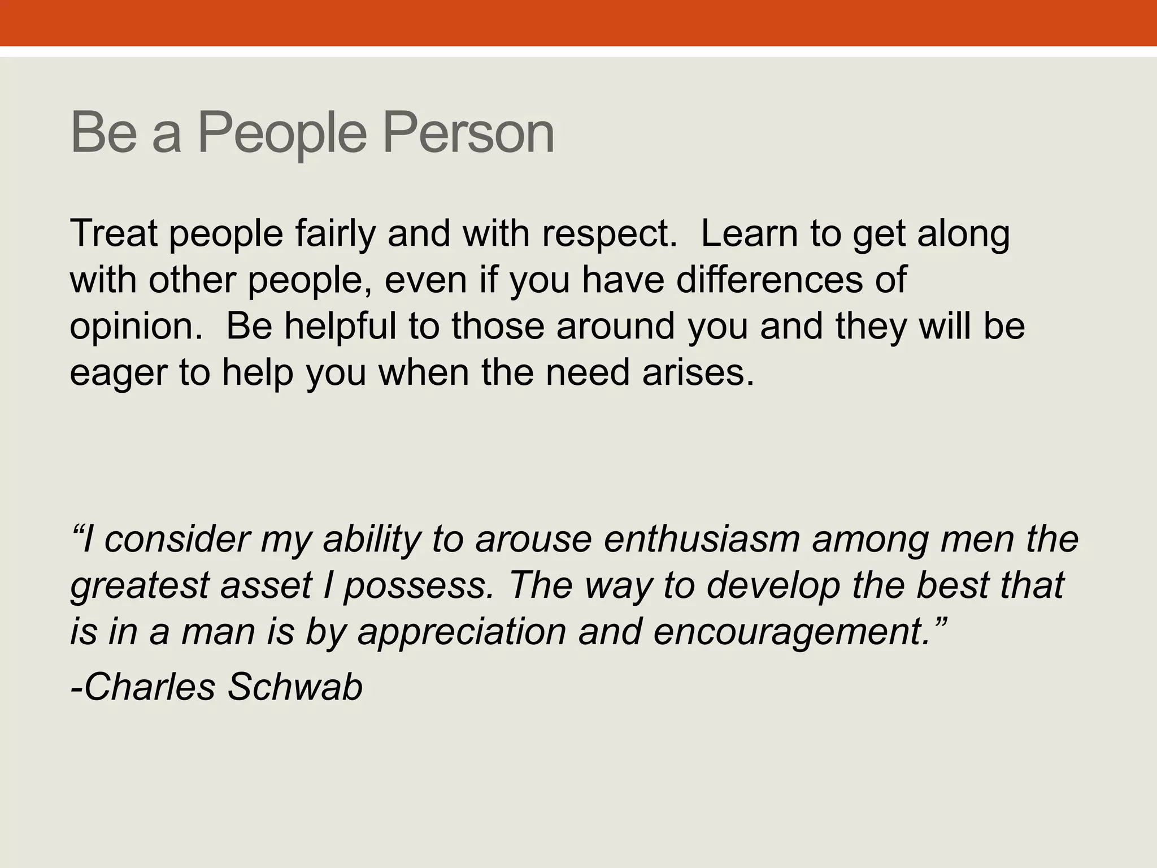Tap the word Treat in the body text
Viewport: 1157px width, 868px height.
[x=113, y=233]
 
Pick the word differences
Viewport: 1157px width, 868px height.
[x=769, y=280]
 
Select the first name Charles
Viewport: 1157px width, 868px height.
[x=143, y=687]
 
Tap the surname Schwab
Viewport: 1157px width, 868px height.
[x=294, y=687]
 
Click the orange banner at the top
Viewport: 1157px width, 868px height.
[x=578, y=23]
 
